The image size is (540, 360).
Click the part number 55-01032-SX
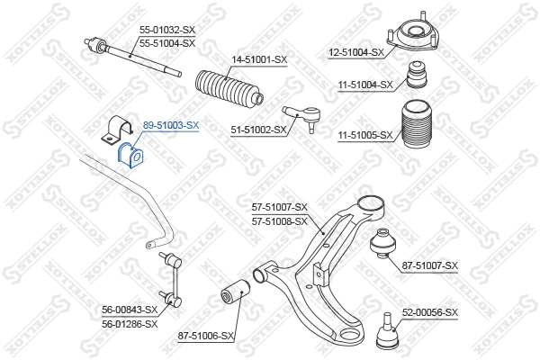pos(167,31)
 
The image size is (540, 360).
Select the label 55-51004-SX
pos(167,42)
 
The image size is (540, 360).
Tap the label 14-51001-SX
pos(259,59)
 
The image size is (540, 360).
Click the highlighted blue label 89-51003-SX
pos(171,126)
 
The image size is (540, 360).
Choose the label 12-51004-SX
pos(355,52)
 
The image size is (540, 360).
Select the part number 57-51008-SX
pos(280,220)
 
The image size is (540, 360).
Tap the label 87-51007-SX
pos(430,265)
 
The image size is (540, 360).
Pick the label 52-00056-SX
pos(430,312)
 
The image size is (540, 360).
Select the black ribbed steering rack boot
pos(226,89)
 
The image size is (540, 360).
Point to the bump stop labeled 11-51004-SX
pos(418,75)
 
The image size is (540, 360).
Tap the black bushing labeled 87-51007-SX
pos(382,245)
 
